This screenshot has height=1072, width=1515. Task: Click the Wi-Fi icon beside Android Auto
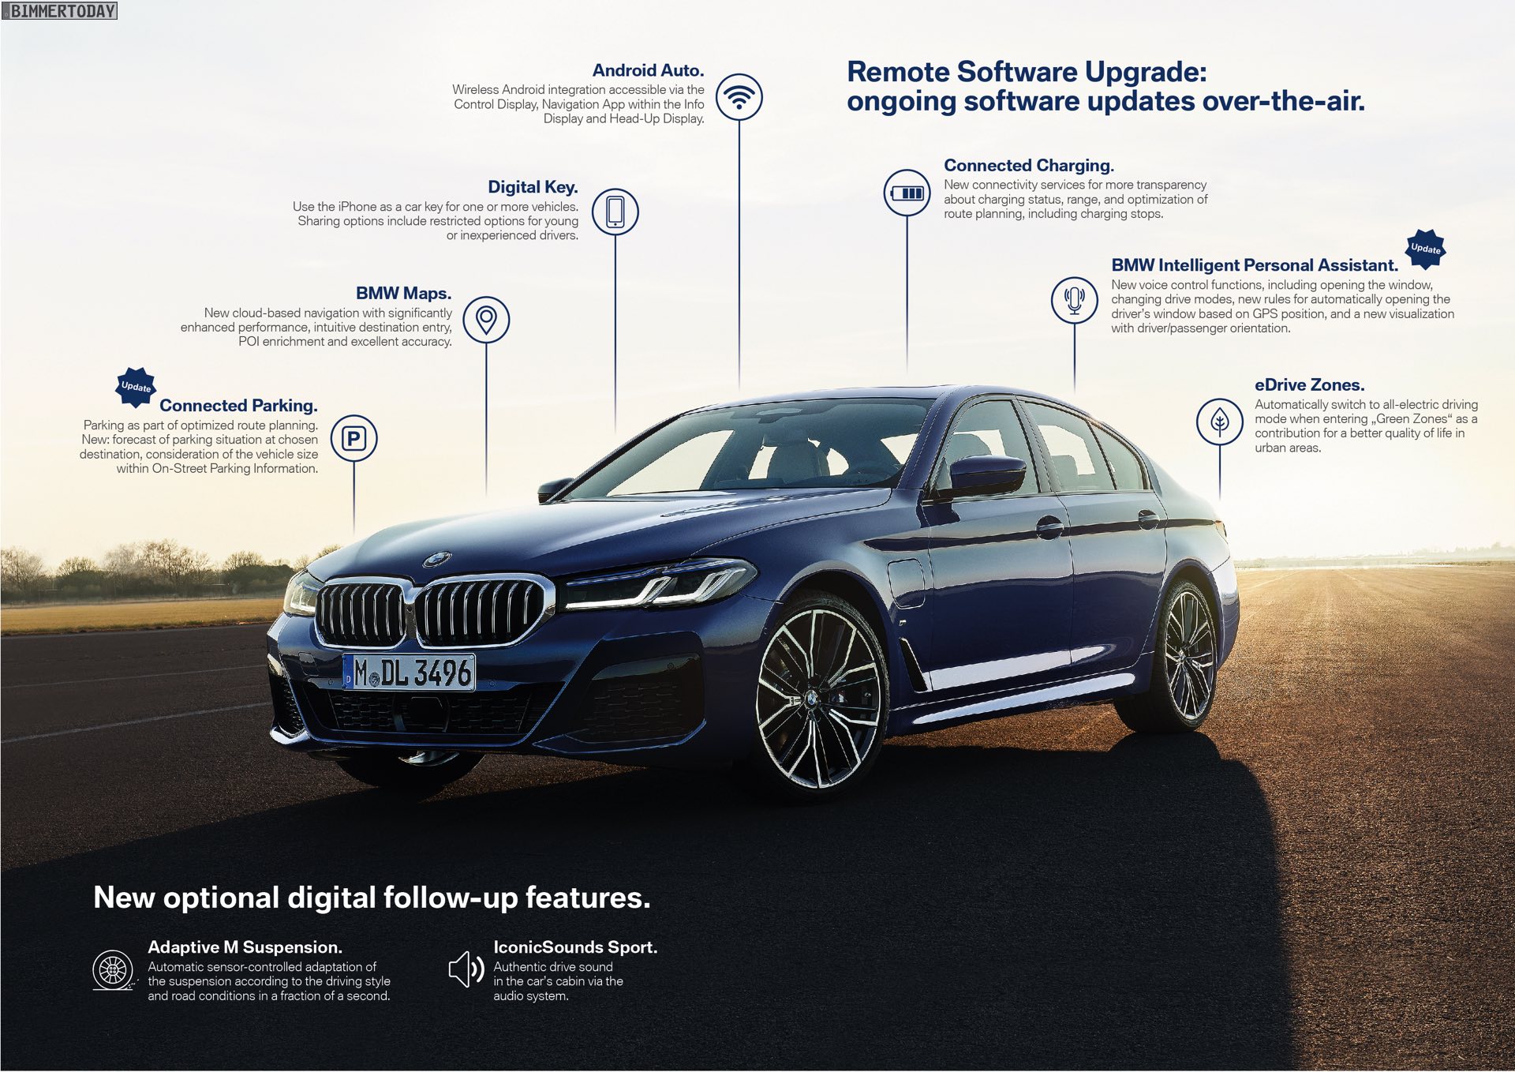pos(739,97)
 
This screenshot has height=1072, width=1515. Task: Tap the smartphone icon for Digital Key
pos(615,212)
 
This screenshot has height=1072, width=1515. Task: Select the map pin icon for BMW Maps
pos(486,320)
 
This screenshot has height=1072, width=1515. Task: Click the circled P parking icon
pos(353,438)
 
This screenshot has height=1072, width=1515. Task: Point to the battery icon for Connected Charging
pos(907,193)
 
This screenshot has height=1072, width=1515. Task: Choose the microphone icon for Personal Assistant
pos(1074,300)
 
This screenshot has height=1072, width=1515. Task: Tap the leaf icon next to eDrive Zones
pos(1220,422)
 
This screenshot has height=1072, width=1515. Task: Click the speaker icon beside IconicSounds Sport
pos(466,969)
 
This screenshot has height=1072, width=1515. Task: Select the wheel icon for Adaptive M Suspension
pos(114,970)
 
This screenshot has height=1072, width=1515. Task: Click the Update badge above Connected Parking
pos(136,387)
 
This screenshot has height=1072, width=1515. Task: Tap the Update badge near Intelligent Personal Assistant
pos(1426,249)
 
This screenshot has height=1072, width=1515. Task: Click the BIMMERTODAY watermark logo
pos(59,10)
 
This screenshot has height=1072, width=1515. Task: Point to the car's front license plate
pos(410,673)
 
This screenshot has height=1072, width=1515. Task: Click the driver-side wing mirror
pos(986,475)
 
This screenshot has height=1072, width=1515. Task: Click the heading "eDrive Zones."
pos(1310,385)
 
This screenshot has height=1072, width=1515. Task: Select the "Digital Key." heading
pos(533,187)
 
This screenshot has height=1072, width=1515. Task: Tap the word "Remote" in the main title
pos(898,72)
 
